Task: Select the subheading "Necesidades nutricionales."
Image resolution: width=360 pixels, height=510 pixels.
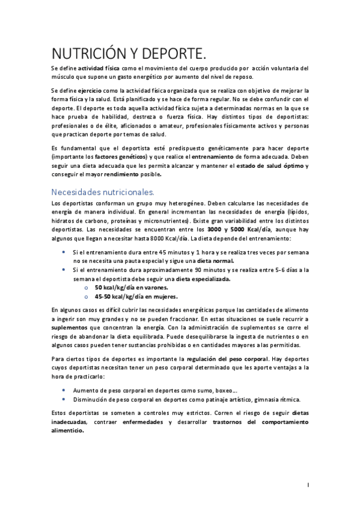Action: (103, 192)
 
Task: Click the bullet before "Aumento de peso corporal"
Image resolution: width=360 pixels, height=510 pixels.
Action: (64, 390)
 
